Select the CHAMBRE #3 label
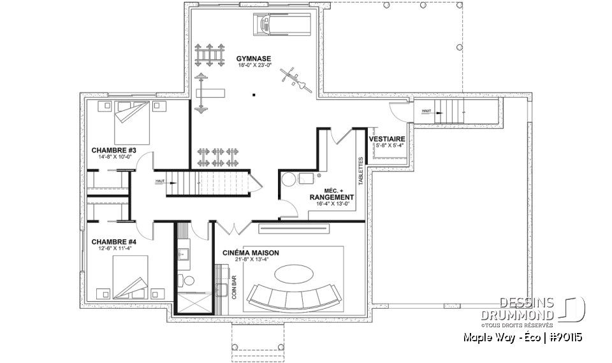pyautogui.click(x=114, y=151)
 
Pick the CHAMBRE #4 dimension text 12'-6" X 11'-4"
pyautogui.click(x=114, y=249)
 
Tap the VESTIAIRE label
pyautogui.click(x=386, y=138)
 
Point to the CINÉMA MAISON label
pyautogui.click(x=251, y=253)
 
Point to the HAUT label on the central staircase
pyautogui.click(x=159, y=182)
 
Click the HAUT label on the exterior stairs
pyautogui.click(x=426, y=111)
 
